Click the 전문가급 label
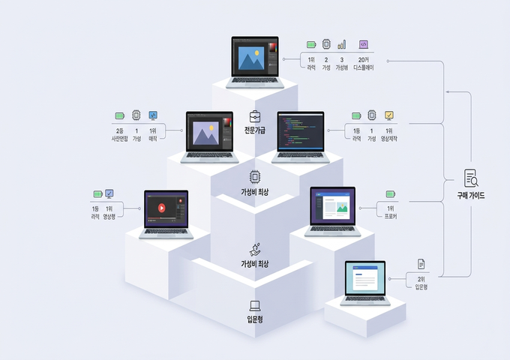pyautogui.click(x=255, y=130)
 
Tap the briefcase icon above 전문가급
pyautogui.click(x=255, y=115)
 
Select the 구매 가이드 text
pyautogui.click(x=471, y=195)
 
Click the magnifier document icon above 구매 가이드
pyautogui.click(x=471, y=178)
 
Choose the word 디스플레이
pyautogui.click(x=363, y=67)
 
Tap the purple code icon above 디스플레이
pyautogui.click(x=363, y=45)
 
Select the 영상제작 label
pyautogui.click(x=389, y=139)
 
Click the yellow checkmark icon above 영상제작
pyautogui.click(x=389, y=115)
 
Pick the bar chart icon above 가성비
pyautogui.click(x=342, y=45)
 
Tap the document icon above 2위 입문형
pyautogui.click(x=421, y=264)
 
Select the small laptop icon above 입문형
pyautogui.click(x=255, y=305)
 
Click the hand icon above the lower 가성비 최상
pyautogui.click(x=255, y=248)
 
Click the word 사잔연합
pyautogui.click(x=119, y=139)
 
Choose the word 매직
pyautogui.click(x=153, y=139)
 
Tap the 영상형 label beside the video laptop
pyautogui.click(x=109, y=217)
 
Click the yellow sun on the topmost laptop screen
pyautogui.click(x=257, y=53)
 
